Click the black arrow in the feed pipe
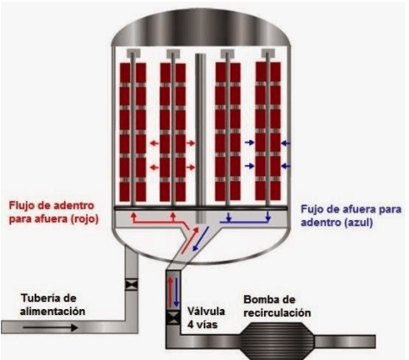(x=51, y=327)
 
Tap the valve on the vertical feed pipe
(x=132, y=285)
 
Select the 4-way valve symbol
(x=173, y=318)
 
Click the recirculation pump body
(x=277, y=341)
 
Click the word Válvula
(x=206, y=312)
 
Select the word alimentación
(x=53, y=312)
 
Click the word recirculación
(x=277, y=313)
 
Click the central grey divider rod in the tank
(x=200, y=138)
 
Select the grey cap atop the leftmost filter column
(x=133, y=53)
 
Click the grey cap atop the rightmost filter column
(x=268, y=53)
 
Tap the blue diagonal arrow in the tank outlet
(x=201, y=238)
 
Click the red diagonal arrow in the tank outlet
(x=190, y=240)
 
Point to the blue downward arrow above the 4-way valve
(x=176, y=292)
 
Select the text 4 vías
(x=203, y=325)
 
